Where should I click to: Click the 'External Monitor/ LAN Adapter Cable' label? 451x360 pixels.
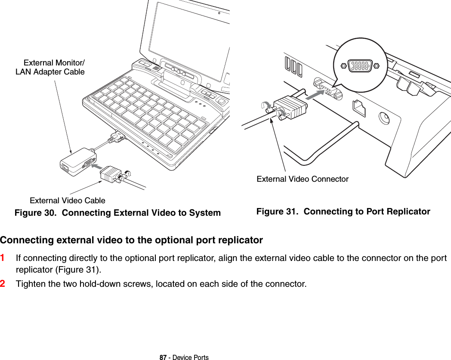click(x=51, y=67)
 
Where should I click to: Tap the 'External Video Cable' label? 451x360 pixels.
click(x=67, y=200)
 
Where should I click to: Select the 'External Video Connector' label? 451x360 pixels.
click(x=303, y=179)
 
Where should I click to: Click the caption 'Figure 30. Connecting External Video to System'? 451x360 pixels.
click(x=117, y=213)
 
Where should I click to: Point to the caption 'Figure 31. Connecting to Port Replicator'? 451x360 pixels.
click(x=343, y=211)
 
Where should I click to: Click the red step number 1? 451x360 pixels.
click(x=3, y=258)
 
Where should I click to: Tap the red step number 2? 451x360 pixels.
click(x=3, y=284)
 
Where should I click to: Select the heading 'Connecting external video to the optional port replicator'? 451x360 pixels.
click(x=131, y=240)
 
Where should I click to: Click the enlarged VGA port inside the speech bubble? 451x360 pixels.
click(x=360, y=66)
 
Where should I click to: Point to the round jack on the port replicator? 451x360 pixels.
click(x=383, y=118)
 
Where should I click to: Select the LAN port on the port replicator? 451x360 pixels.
click(x=359, y=107)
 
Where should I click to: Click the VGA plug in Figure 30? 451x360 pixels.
click(x=110, y=174)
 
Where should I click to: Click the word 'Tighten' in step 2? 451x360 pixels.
click(x=29, y=284)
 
